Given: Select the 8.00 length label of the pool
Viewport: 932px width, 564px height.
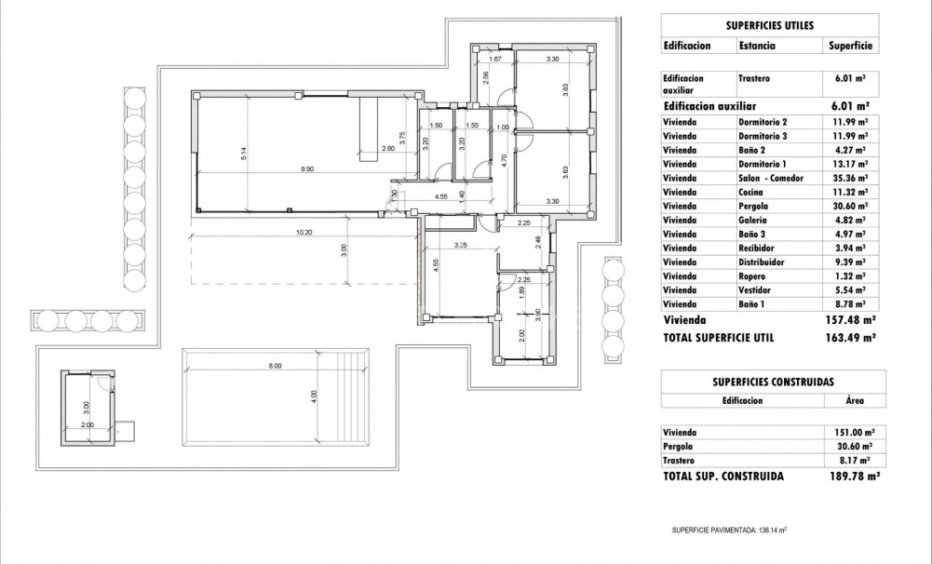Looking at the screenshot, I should click(x=275, y=366).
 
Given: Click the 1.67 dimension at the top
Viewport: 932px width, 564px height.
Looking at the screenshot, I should click(x=495, y=60).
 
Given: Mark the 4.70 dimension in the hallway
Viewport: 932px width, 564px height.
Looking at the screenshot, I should click(x=504, y=158).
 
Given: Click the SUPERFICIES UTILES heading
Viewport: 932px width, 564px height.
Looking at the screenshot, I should click(x=770, y=25).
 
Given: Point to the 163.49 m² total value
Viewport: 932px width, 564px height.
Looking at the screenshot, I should click(x=850, y=338).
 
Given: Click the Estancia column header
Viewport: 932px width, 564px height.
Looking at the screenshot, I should click(x=759, y=45).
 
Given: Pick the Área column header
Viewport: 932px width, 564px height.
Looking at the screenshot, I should click(x=854, y=401).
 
